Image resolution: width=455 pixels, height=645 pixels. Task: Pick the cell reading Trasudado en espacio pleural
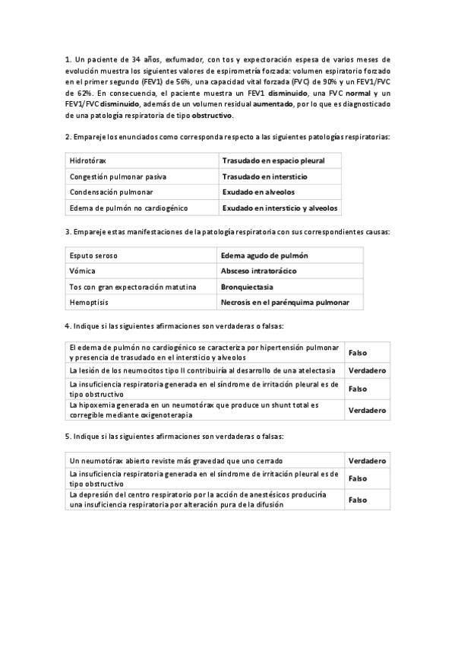click(x=273, y=161)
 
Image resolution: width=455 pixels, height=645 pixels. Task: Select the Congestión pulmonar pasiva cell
click(x=118, y=176)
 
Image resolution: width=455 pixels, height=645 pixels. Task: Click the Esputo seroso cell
click(x=93, y=256)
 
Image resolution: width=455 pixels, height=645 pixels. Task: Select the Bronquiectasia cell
click(x=247, y=287)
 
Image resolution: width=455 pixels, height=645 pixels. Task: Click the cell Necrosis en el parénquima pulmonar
click(x=285, y=303)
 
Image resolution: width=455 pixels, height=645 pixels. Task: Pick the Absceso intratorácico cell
click(x=258, y=271)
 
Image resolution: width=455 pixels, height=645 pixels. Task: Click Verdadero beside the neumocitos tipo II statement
click(x=367, y=370)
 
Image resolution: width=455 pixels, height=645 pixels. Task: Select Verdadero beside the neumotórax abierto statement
click(x=367, y=461)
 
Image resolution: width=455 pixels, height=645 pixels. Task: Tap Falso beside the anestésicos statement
click(x=357, y=500)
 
